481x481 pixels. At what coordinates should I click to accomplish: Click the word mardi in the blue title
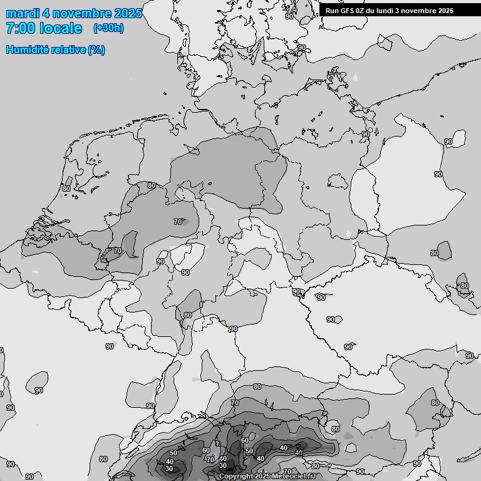click(x=23, y=13)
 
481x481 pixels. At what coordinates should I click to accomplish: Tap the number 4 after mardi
click(x=47, y=13)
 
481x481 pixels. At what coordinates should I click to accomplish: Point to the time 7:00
click(x=20, y=28)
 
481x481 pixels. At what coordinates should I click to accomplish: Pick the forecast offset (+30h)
click(x=108, y=28)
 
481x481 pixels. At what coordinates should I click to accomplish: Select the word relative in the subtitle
click(x=68, y=49)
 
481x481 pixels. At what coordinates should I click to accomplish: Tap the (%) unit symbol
click(x=96, y=49)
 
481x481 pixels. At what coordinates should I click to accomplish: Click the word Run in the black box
click(x=332, y=11)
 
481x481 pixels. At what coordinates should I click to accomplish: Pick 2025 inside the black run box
click(x=446, y=11)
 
